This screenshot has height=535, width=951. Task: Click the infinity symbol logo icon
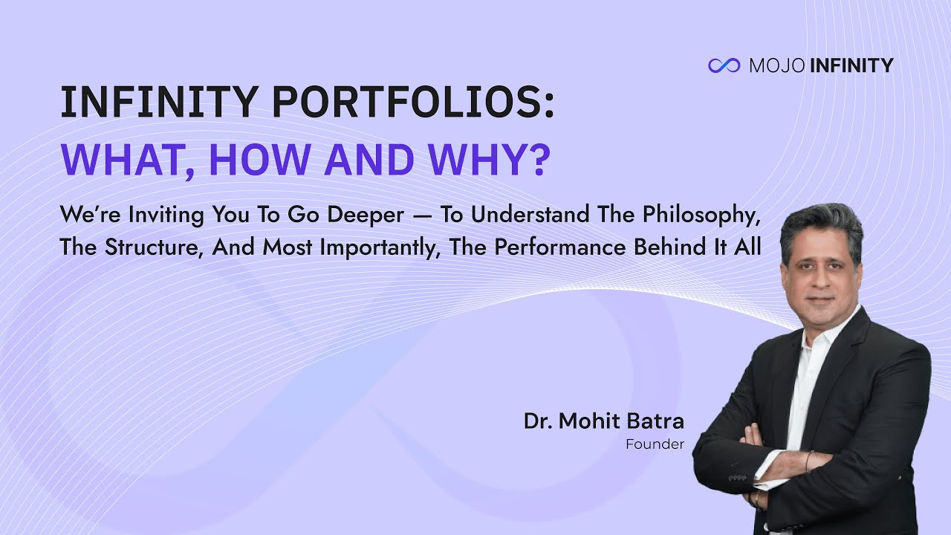(x=724, y=65)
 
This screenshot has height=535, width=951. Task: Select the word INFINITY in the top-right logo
(x=851, y=65)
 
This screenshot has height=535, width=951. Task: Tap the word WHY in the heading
(x=495, y=160)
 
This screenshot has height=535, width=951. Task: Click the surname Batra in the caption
(x=655, y=421)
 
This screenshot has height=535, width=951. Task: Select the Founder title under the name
(x=655, y=444)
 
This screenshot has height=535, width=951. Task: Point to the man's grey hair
(x=820, y=224)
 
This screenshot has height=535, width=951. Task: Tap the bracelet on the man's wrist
(x=808, y=461)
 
